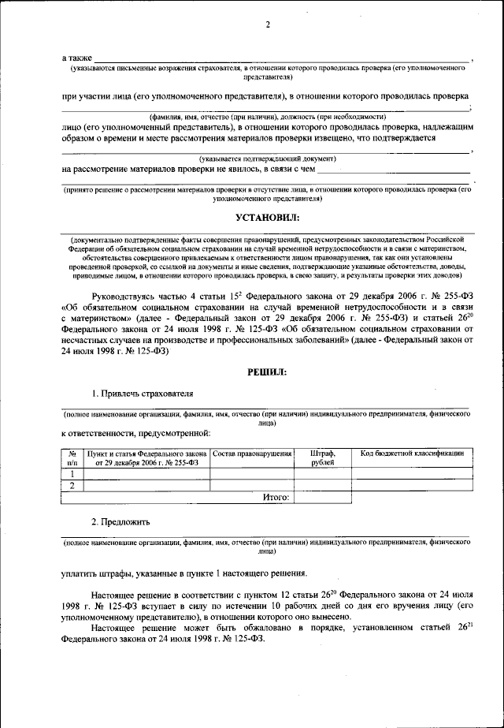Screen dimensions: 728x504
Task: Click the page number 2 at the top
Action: (267, 24)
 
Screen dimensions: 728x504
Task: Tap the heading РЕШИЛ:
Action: (267, 370)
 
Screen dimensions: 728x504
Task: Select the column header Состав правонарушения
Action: (253, 454)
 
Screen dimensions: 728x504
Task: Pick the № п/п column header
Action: (72, 457)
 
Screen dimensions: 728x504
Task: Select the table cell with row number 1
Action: (72, 473)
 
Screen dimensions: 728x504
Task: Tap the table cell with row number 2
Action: (72, 485)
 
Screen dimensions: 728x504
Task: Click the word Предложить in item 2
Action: (124, 522)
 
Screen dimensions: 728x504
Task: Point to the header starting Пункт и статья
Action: (147, 457)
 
